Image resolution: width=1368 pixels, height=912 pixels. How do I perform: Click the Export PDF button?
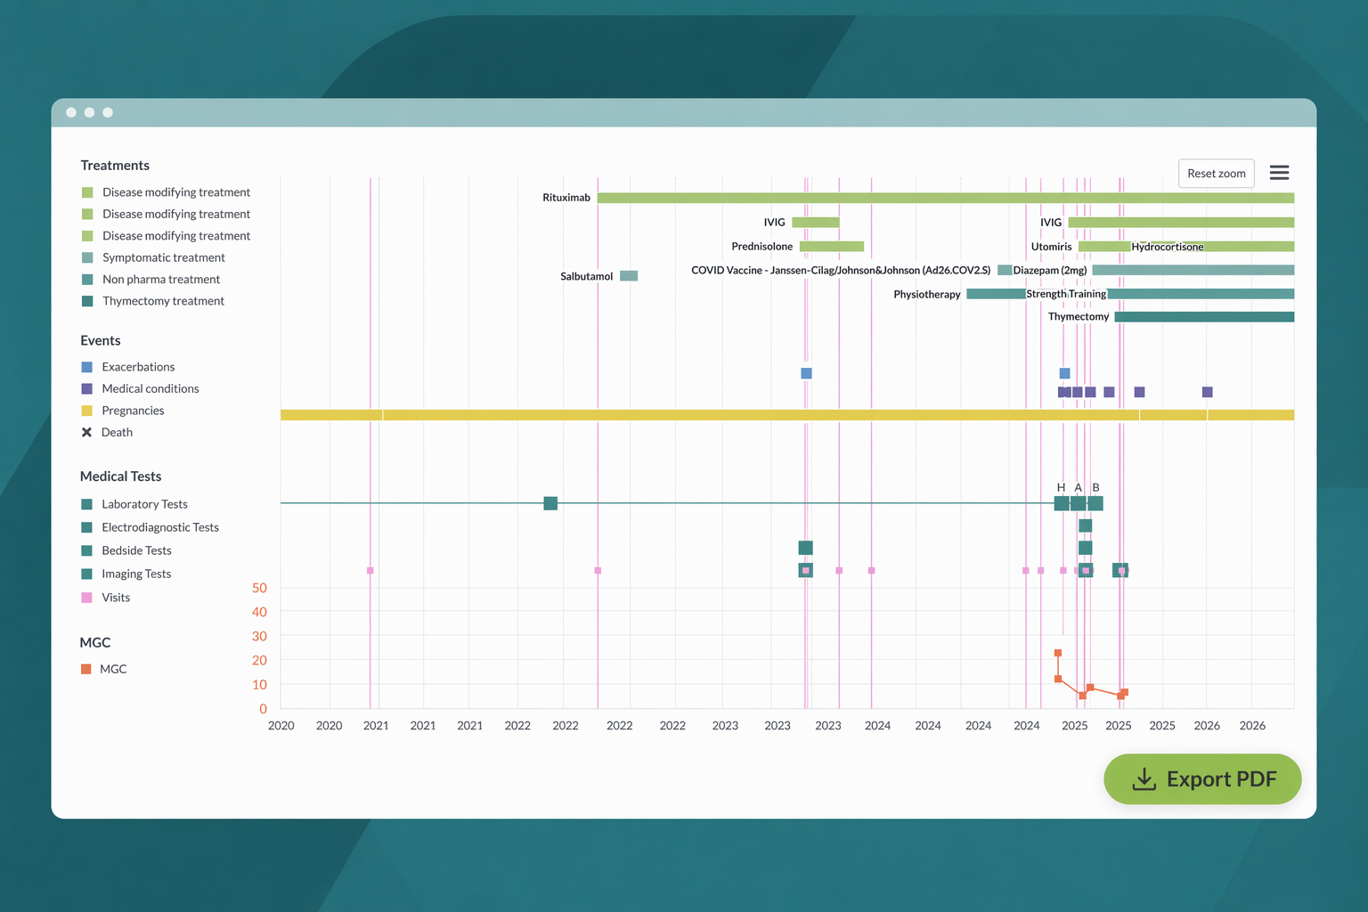click(1201, 778)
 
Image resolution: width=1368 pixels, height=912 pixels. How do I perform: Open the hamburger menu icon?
click(1279, 173)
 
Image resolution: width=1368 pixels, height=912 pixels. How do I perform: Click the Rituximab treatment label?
click(566, 198)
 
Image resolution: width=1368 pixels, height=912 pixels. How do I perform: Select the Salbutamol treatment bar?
click(629, 276)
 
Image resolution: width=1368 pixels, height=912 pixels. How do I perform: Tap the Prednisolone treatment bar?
click(832, 246)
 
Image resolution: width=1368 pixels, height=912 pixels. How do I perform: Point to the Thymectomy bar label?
click(1078, 316)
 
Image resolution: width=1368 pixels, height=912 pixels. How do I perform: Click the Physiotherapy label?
click(926, 295)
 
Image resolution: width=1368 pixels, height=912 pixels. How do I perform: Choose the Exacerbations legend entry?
click(127, 367)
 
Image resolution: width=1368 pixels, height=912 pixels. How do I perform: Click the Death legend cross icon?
click(86, 433)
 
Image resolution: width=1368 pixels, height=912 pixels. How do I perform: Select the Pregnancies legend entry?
click(123, 411)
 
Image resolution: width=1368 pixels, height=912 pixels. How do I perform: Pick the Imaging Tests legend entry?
click(126, 574)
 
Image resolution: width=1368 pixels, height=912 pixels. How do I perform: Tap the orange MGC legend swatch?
click(86, 669)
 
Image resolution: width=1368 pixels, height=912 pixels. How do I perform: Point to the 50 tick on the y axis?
click(259, 588)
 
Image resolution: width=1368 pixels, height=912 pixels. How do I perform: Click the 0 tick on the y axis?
click(264, 709)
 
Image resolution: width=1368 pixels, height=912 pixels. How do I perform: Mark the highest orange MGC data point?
click(1058, 653)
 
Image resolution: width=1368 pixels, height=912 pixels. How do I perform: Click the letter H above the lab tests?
click(1061, 487)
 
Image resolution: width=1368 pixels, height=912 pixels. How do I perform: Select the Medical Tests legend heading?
click(120, 476)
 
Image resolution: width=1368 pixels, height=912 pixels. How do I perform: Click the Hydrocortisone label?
click(1167, 247)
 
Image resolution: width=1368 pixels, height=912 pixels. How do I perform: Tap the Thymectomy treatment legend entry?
click(152, 301)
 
